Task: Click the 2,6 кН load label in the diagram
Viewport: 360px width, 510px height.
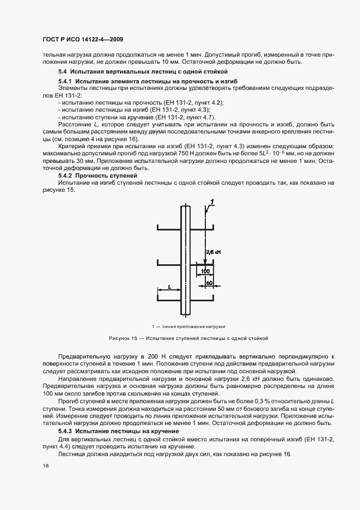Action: [213, 252]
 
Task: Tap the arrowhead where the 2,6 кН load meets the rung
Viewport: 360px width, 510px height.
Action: [206, 264]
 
